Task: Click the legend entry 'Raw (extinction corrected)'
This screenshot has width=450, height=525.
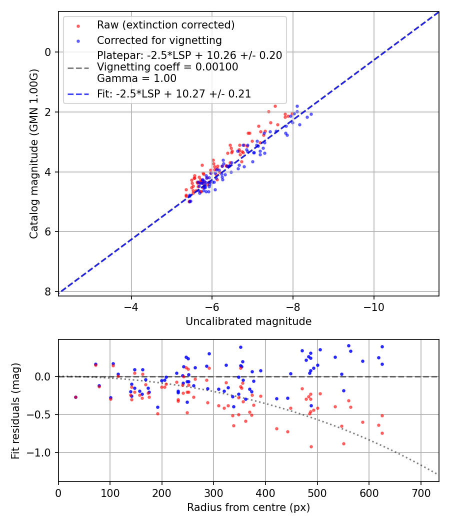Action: coord(165,25)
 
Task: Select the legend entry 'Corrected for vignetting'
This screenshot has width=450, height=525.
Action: coord(159,40)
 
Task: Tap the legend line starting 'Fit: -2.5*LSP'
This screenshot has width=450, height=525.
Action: coord(173,93)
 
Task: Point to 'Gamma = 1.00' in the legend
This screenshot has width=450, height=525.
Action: coord(136,78)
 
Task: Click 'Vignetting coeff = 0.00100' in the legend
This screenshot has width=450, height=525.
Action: coord(167,67)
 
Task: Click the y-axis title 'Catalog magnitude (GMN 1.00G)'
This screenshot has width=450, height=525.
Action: coord(33,153)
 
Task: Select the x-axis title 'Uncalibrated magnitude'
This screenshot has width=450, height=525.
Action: coord(248,321)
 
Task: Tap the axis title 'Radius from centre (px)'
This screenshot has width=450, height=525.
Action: coord(248,507)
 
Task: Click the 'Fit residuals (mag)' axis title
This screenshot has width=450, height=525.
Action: coord(15,410)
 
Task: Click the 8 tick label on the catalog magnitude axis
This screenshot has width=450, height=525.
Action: coord(48,291)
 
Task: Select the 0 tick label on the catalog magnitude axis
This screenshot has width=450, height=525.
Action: coord(48,52)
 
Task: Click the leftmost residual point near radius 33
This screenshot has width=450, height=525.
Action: coord(75,397)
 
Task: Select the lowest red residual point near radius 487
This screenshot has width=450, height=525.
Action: coord(311,446)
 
